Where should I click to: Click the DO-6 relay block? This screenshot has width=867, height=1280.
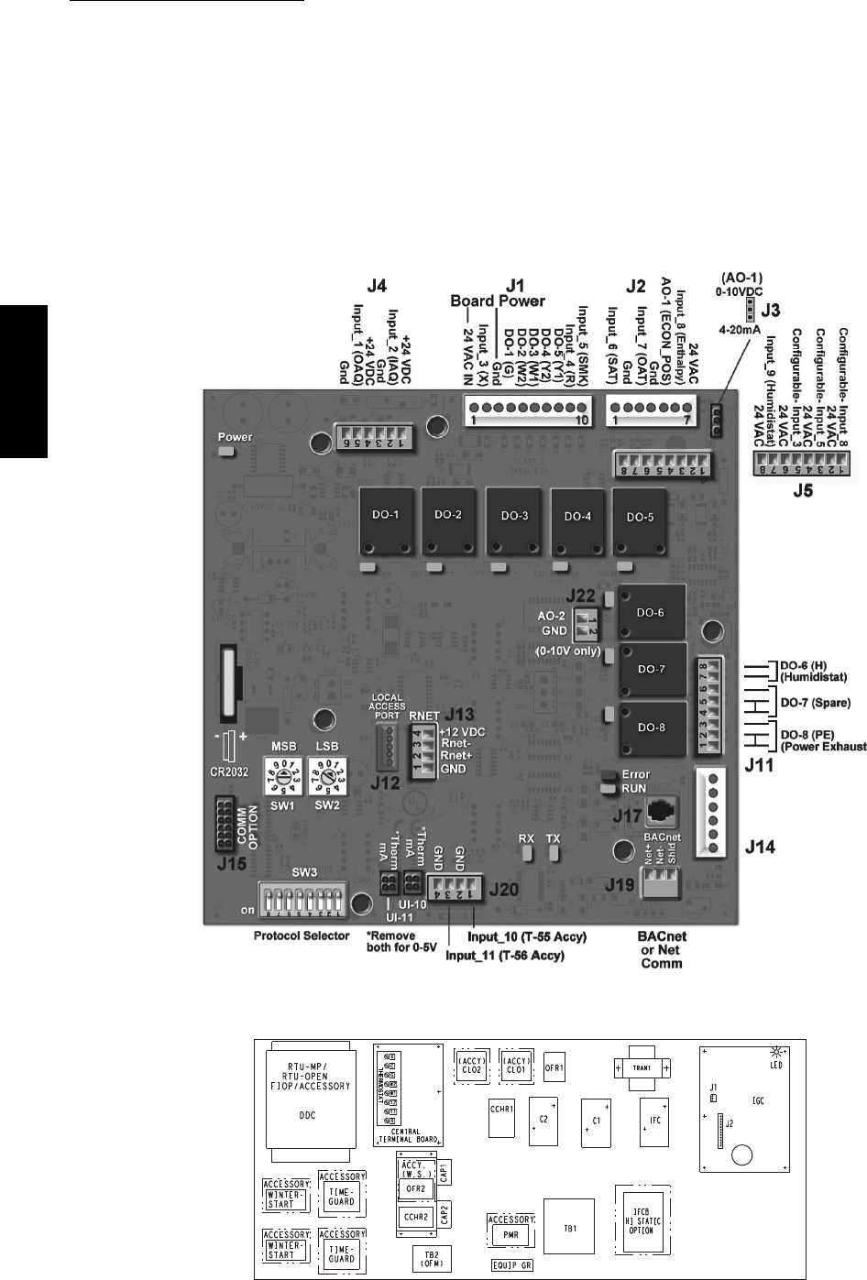650,614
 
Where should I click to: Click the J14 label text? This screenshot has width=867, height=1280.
758,848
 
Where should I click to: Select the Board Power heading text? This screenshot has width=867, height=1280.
498,301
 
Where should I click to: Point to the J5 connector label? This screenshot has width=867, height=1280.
802,491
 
